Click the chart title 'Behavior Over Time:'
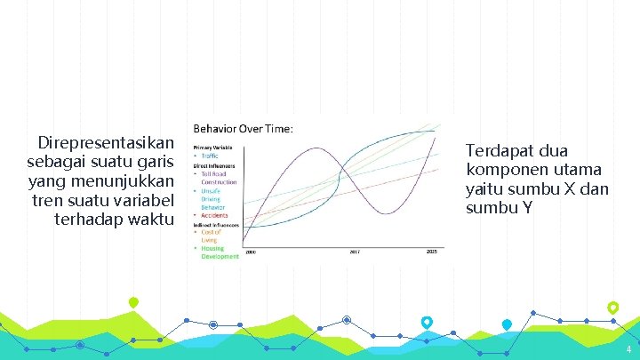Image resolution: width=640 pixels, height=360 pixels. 243,129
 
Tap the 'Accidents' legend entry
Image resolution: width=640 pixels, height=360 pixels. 213,215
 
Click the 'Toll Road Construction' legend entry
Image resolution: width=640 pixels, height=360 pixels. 218,178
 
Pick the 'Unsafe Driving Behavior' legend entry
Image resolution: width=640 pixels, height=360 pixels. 212,199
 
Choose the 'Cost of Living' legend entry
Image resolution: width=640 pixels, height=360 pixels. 210,236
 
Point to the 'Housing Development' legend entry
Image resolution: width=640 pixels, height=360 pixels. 219,252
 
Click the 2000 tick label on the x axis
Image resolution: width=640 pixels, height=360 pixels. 250,252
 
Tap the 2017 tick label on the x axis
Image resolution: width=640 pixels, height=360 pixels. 354,252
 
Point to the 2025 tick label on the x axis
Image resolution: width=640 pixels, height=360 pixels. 431,252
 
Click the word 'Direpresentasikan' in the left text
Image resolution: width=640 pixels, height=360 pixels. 106,143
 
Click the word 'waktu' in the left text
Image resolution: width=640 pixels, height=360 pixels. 152,219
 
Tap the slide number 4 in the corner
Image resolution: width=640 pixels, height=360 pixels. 628,349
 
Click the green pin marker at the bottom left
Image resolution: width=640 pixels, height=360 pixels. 133,303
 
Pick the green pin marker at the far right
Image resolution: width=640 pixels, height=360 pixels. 612,308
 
